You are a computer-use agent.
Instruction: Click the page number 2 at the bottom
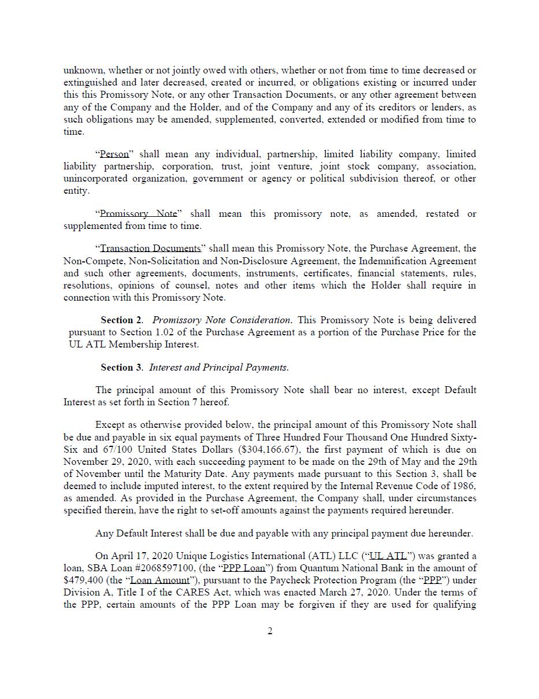(x=270, y=631)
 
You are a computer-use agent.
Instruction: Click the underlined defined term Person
(x=114, y=154)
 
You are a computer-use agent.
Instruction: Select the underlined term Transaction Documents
(x=151, y=249)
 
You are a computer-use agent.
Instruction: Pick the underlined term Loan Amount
(x=160, y=580)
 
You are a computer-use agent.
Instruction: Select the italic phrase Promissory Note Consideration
(x=221, y=320)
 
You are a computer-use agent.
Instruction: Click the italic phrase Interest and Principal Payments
(x=218, y=368)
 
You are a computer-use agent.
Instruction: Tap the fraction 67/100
(x=115, y=449)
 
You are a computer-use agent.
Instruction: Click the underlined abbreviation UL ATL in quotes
(x=388, y=556)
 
